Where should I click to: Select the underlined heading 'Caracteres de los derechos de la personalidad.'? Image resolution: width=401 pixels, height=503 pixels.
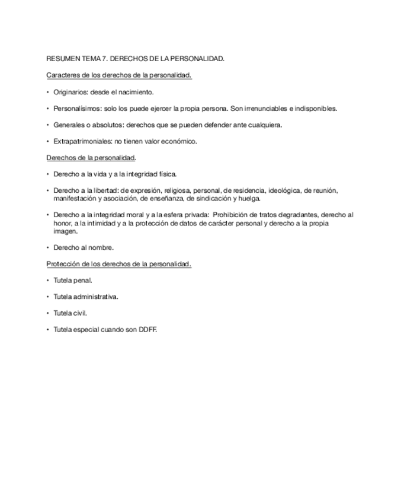pyautogui.click(x=118, y=76)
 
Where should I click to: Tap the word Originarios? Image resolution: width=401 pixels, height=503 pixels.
pyautogui.click(x=69, y=93)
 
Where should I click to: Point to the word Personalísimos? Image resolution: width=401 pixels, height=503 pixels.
pyautogui.click(x=76, y=109)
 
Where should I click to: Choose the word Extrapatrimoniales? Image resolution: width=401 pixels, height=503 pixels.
pyautogui.click(x=81, y=141)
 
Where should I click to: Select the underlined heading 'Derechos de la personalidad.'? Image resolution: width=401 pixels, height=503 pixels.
pyautogui.click(x=91, y=158)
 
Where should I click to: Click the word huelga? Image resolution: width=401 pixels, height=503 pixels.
pyautogui.click(x=249, y=198)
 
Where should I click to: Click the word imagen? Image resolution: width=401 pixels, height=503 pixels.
pyautogui.click(x=65, y=231)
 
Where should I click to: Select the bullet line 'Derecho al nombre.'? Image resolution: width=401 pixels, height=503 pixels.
pyautogui.click(x=84, y=247)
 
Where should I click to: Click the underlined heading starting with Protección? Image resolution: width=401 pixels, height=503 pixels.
pyautogui.click(x=118, y=264)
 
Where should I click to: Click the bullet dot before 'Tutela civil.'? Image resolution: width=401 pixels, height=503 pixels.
pyautogui.click(x=48, y=313)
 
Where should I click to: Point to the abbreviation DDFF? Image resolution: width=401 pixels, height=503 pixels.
pyautogui.click(x=147, y=329)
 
